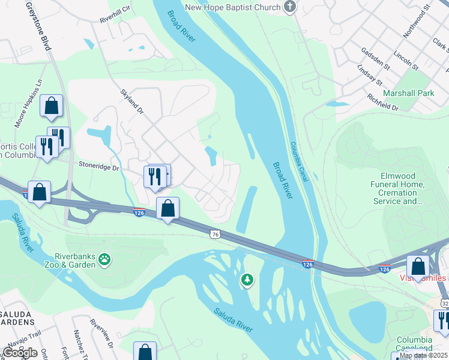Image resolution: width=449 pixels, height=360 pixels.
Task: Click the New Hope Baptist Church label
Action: (232, 7)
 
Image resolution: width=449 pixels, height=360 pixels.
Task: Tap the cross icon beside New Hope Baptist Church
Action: (291, 7)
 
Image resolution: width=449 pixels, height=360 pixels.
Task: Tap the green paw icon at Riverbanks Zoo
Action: (105, 259)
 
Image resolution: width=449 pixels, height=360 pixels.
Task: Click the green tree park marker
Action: (247, 280)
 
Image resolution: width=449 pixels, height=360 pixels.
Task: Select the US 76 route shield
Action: (215, 233)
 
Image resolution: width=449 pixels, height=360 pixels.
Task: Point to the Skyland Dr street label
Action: (131, 102)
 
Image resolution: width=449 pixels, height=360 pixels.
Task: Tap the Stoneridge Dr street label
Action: (99, 166)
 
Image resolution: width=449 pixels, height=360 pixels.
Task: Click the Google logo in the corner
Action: (20, 352)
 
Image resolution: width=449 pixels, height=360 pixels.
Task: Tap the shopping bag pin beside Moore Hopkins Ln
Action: (52, 106)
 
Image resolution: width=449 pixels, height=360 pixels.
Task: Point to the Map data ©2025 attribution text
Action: (423, 355)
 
